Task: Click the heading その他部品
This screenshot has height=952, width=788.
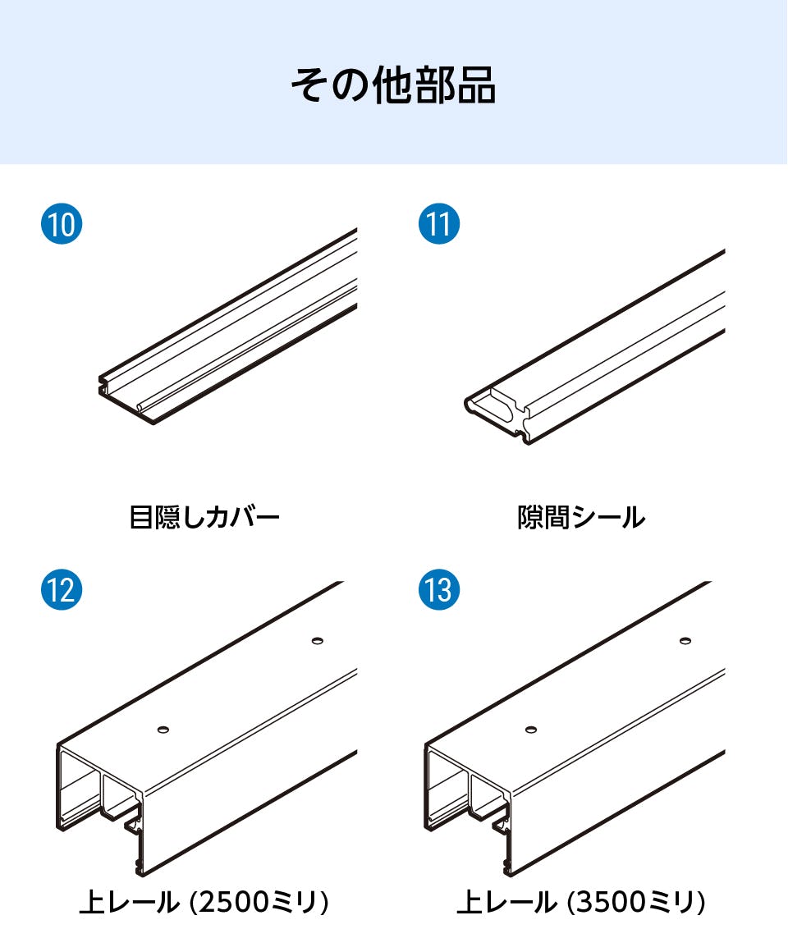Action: tap(393, 85)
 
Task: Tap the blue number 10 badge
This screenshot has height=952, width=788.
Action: tap(62, 224)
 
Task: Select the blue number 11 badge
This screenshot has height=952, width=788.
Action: tap(439, 224)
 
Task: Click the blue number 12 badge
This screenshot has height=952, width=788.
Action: tap(62, 589)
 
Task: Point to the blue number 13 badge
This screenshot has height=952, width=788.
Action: tap(439, 589)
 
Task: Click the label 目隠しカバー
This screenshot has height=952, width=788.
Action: tap(204, 517)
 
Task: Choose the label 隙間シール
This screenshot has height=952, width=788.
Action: tap(581, 517)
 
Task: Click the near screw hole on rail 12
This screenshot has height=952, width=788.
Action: tap(163, 729)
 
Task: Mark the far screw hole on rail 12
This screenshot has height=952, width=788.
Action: tap(317, 640)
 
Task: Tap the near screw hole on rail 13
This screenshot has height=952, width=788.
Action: tap(531, 729)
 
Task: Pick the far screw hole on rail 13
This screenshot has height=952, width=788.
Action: tap(685, 640)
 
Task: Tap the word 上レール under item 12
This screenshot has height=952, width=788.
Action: tap(130, 902)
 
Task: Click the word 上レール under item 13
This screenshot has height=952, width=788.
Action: tap(506, 902)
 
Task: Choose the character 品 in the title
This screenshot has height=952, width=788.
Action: tap(477, 85)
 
